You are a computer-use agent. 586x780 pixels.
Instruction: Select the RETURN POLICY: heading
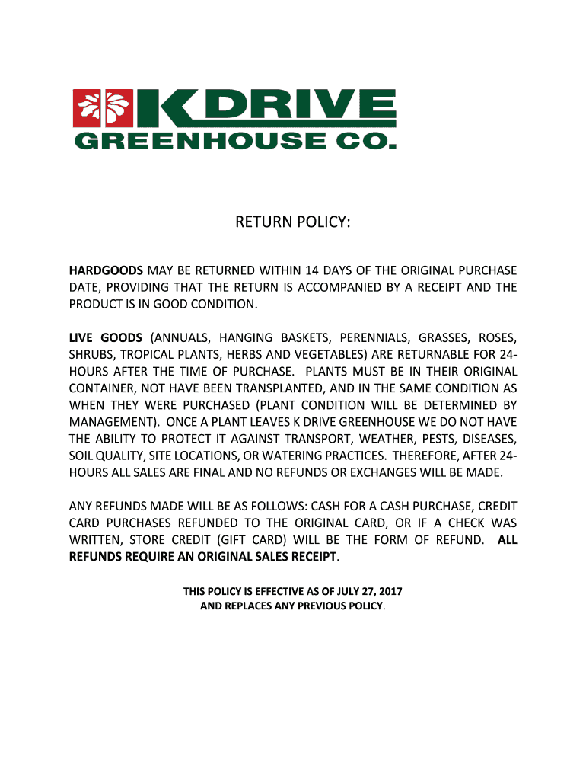click(293, 222)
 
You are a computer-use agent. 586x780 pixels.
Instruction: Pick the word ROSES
click(496, 337)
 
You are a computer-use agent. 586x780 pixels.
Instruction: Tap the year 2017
click(389, 591)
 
